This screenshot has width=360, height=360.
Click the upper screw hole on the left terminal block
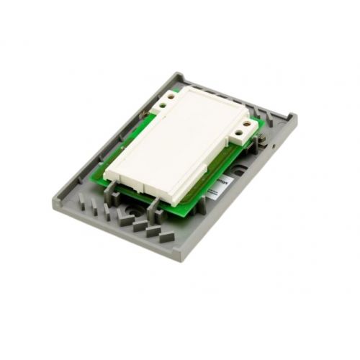[x=173, y=94]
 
